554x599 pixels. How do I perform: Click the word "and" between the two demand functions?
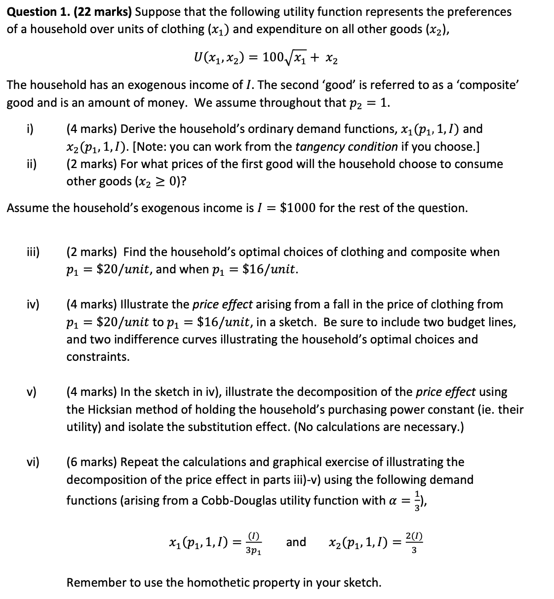(x=296, y=542)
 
